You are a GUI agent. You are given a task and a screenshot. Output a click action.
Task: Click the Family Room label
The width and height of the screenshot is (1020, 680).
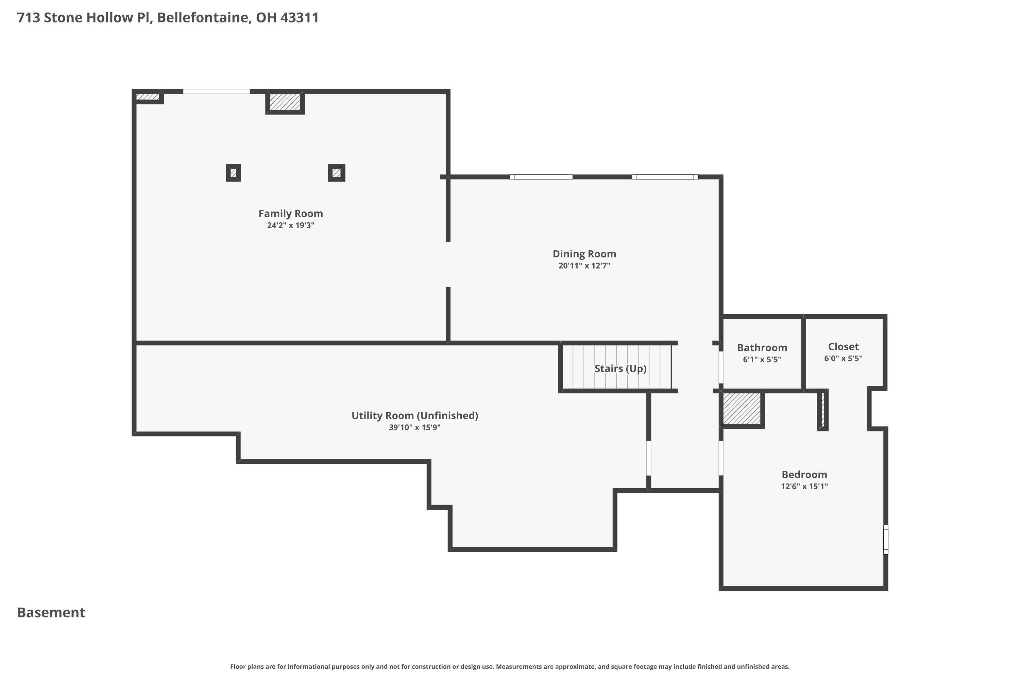291,214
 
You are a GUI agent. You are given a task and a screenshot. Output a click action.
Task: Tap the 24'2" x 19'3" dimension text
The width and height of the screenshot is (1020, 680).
291,225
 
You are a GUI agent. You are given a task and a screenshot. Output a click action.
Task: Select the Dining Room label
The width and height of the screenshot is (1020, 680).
584,254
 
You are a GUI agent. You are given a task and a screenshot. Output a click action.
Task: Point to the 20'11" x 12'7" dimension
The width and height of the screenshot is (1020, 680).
584,266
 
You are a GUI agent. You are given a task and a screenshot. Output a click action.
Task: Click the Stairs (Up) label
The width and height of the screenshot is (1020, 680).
620,368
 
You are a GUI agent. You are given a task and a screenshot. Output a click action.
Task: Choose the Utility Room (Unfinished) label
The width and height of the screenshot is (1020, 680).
414,415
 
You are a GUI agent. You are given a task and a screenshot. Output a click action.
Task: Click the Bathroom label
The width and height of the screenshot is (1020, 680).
762,347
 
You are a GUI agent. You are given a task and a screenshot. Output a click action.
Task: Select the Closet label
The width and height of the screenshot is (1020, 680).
843,346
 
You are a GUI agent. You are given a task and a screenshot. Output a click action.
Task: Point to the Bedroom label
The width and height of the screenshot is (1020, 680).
804,474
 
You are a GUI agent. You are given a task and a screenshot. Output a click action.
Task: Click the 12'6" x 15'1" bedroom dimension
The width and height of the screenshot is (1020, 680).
804,487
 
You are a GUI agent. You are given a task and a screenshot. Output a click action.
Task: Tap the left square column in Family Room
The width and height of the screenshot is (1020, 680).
233,173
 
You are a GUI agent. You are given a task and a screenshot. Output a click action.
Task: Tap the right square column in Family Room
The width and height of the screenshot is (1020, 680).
337,173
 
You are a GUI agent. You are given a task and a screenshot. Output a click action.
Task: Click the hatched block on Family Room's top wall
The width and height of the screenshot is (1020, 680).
285,102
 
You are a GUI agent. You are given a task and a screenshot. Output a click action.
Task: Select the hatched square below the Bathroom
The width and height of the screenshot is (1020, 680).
742,409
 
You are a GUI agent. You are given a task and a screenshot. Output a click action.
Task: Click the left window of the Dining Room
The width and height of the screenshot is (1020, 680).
541,177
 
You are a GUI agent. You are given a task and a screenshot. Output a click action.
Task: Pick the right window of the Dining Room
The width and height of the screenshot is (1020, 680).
665,177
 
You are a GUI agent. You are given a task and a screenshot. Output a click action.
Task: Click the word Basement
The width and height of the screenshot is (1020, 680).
51,612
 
